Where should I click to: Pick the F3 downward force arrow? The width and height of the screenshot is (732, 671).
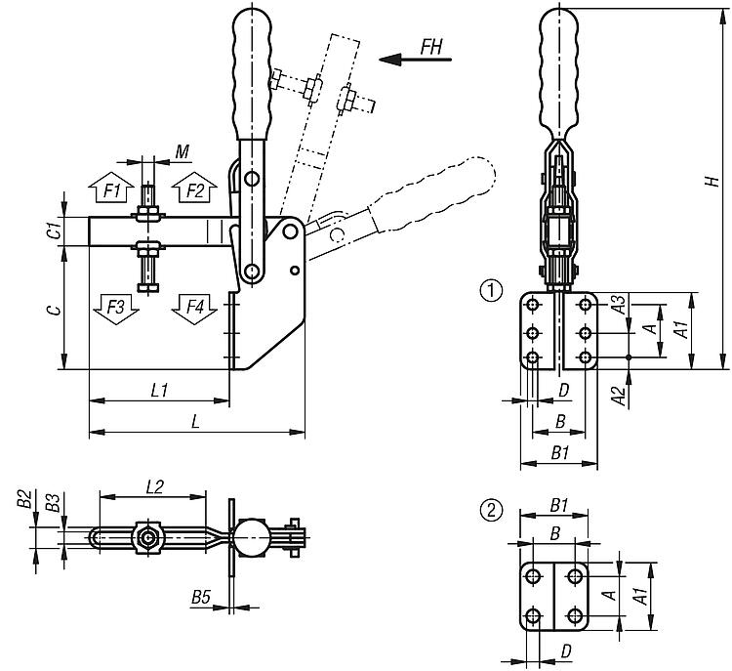coord(115,311)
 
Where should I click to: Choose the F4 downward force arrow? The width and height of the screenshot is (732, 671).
coord(195,311)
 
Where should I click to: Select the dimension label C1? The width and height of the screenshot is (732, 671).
coord(56,231)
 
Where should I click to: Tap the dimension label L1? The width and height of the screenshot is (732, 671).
coord(161,390)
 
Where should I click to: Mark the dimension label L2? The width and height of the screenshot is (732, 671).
coord(154,484)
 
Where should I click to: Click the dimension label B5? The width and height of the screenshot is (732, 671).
coord(202,595)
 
